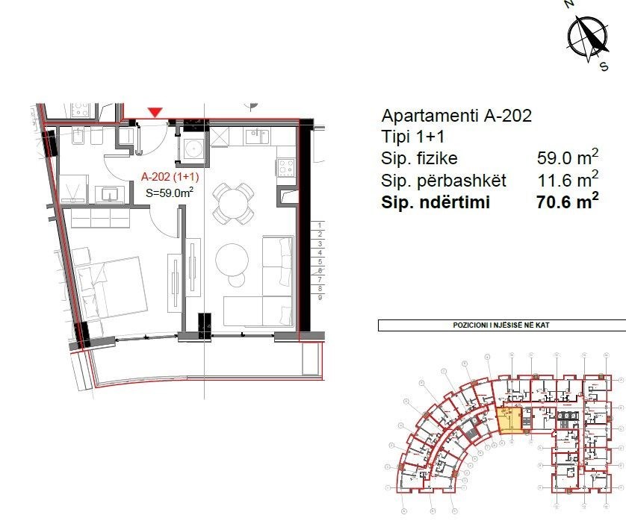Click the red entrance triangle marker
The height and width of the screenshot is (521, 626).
pos(155,112)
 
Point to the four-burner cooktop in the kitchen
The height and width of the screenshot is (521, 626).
pos(286,167)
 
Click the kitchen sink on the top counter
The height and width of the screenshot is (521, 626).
pos(258,136)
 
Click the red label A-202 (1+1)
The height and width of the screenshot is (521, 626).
pos(168,178)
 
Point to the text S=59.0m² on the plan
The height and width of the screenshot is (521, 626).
pos(170,193)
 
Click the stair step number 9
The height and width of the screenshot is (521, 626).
pos(319,297)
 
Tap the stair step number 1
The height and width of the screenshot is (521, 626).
pos(319,225)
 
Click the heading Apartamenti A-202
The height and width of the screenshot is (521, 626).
pos(456,116)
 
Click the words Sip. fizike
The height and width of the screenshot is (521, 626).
pos(419,159)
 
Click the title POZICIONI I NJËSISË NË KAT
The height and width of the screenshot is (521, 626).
pos(501,326)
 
